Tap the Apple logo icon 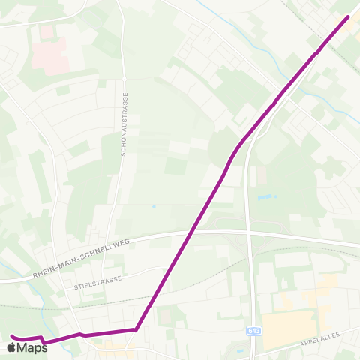pyautogui.click(x=11, y=347)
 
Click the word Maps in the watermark pyautogui.click(x=32, y=347)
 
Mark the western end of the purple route pyautogui.click(x=12, y=336)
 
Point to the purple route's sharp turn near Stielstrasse pyautogui.click(x=135, y=328)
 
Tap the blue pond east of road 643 pyautogui.click(x=265, y=197)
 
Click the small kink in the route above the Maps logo pyautogui.click(x=43, y=341)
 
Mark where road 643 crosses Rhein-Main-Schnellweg pyautogui.click(x=248, y=233)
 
